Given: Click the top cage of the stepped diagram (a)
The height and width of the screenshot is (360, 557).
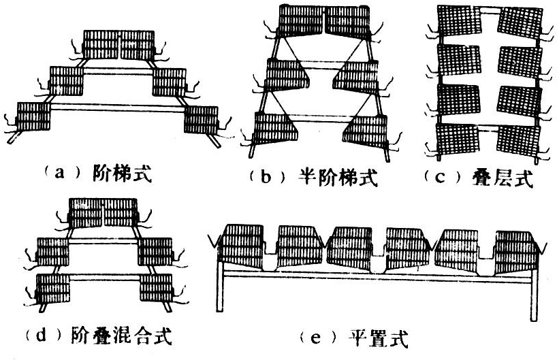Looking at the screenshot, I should [119, 45].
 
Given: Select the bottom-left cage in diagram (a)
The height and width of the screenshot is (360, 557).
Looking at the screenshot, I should [33, 116].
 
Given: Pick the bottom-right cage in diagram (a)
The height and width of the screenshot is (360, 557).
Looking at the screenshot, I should [201, 118].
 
